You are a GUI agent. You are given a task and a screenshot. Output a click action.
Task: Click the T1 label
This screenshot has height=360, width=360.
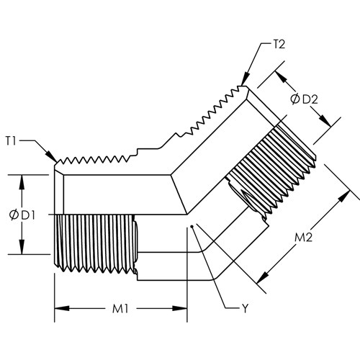tap(11, 141)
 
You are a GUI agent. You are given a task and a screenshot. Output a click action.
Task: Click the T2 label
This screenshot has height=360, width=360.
tap(279, 45)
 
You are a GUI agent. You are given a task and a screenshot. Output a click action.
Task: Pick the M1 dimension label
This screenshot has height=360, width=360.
tap(120, 309)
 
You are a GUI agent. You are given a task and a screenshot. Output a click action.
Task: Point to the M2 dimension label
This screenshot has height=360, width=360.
tap(303, 238)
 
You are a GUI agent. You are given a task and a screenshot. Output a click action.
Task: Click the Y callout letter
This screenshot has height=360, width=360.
tap(245, 309)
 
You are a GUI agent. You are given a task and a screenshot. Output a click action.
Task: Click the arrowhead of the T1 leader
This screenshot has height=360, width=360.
tap(53, 157)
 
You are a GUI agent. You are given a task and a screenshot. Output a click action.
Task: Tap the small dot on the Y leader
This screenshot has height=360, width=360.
tap(192, 226)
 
